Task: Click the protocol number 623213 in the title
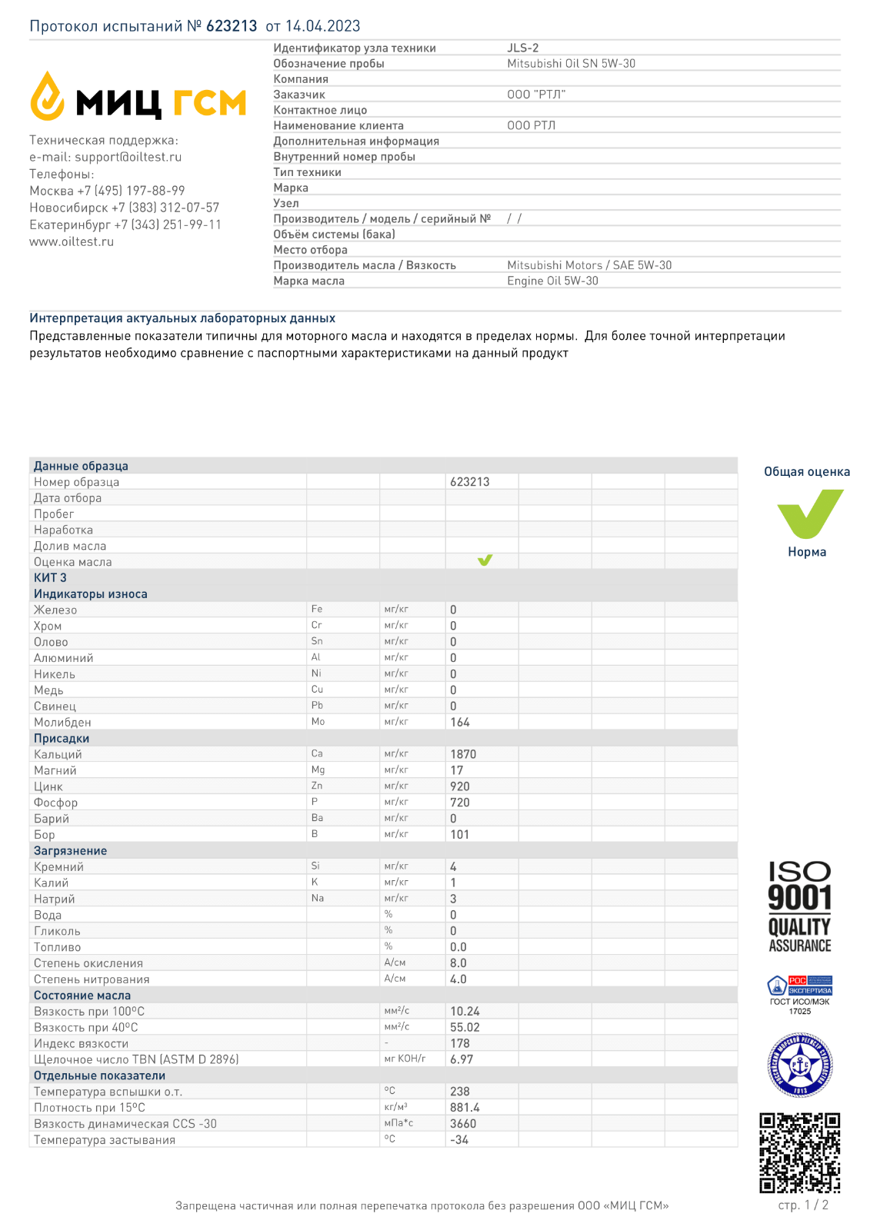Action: tap(231, 26)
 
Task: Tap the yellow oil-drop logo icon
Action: tap(47, 97)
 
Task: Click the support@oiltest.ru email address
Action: tap(128, 157)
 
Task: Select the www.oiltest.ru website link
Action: tap(72, 241)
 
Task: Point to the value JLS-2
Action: tap(523, 48)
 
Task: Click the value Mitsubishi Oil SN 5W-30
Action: tap(571, 64)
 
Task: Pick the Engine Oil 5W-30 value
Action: tap(552, 281)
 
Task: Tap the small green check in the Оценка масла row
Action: tap(485, 560)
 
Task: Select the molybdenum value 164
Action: tap(460, 723)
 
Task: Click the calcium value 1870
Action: tap(463, 755)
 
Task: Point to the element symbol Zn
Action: tap(317, 786)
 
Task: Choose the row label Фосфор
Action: tap(55, 803)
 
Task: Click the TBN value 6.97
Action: tap(462, 1059)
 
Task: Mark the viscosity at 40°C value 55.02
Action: tap(465, 1028)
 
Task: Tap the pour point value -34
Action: tap(459, 1140)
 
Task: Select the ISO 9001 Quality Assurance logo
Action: tap(800, 907)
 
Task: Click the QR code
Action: tap(800, 1152)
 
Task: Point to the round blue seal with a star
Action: tap(800, 1065)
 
